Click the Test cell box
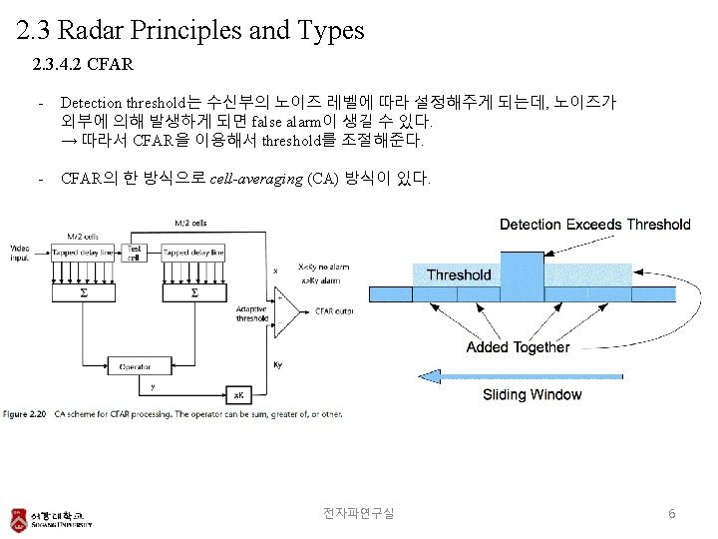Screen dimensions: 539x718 (134, 252)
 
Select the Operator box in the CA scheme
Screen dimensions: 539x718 (136, 367)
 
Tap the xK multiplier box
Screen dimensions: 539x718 (238, 393)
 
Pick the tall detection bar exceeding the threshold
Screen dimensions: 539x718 (522, 276)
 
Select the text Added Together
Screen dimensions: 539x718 (518, 347)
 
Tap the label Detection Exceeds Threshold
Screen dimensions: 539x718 (594, 225)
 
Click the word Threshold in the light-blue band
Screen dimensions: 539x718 (459, 274)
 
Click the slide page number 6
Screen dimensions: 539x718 (672, 513)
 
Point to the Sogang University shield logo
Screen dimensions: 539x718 (18, 519)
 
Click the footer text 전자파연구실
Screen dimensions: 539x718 (358, 513)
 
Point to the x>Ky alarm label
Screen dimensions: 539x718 (318, 280)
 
